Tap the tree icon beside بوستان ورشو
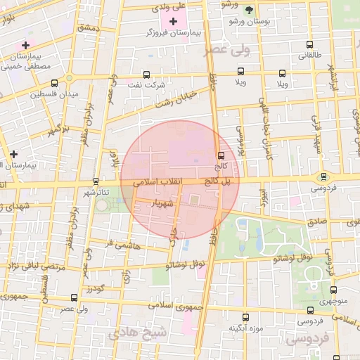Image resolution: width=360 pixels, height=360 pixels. point(250,9)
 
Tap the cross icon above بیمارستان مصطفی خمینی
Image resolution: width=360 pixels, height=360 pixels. point(26,44)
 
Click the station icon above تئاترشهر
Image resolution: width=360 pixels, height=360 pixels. point(96,181)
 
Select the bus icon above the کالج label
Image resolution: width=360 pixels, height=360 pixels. point(221,155)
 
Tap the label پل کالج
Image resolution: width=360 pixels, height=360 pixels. point(217,181)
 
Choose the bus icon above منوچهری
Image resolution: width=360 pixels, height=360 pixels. point(333,289)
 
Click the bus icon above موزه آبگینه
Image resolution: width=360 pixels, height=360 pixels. point(246,317)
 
